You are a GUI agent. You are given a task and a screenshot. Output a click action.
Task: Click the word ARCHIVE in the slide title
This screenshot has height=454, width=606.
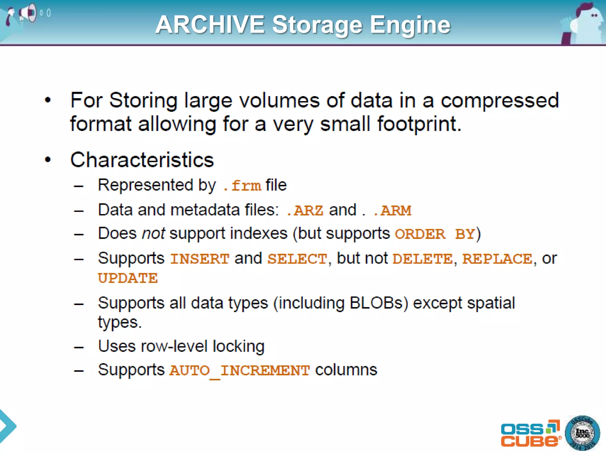coord(210,25)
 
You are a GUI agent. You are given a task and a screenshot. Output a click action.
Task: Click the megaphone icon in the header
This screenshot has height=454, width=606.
coord(28,13)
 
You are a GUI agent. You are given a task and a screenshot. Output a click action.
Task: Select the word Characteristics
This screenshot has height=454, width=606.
coord(142,160)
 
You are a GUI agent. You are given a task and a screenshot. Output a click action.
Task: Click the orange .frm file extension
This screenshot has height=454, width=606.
coord(242,186)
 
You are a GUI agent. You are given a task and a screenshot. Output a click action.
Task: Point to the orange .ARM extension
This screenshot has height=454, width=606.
coord(393,211)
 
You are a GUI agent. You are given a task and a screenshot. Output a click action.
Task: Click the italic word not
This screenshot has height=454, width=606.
coord(153,234)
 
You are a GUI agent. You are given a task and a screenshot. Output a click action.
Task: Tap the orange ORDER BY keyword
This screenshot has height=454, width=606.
coord(435,234)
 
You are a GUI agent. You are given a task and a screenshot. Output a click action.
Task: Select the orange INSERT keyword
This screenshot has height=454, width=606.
coord(200,259)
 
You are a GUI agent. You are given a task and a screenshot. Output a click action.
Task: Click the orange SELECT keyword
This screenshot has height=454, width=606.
coord(297,259)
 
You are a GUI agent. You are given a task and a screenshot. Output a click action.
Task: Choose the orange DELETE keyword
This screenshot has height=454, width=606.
coord(423,259)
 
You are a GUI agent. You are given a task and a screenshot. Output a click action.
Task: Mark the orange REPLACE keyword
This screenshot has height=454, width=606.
coord(497,259)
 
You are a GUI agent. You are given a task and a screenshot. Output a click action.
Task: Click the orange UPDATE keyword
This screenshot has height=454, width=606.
coord(128,278)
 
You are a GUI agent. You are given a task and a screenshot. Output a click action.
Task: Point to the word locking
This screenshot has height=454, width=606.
coord(238,346)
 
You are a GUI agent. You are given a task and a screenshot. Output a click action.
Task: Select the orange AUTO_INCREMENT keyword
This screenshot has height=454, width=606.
coord(239,371)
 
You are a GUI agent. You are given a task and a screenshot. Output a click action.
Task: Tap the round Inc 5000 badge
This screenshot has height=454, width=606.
coord(582,433)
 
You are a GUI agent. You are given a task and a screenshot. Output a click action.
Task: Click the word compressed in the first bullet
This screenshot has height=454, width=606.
coord(499,101)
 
